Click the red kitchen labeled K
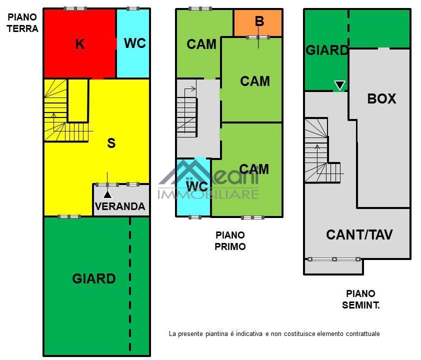pos(80,43)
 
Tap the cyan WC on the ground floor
pos(133,43)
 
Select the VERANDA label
pos(120,206)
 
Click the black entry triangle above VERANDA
pos(107,194)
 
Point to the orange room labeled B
pos(258,22)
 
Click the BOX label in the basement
pos(381,98)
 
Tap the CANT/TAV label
pos(359,234)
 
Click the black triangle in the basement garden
pos(339,85)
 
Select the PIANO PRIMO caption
pos(230,241)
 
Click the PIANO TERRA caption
pos(22,23)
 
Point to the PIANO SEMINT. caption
pos(360,299)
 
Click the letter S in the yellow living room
pos(111,143)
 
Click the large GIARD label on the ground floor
pos(93,278)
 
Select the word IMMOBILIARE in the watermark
pos(208,194)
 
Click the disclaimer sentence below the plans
pos(274,333)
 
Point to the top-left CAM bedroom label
pos(201,44)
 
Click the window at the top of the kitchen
pos(75,8)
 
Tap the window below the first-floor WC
pos(195,217)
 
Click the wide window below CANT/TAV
pos(334,259)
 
